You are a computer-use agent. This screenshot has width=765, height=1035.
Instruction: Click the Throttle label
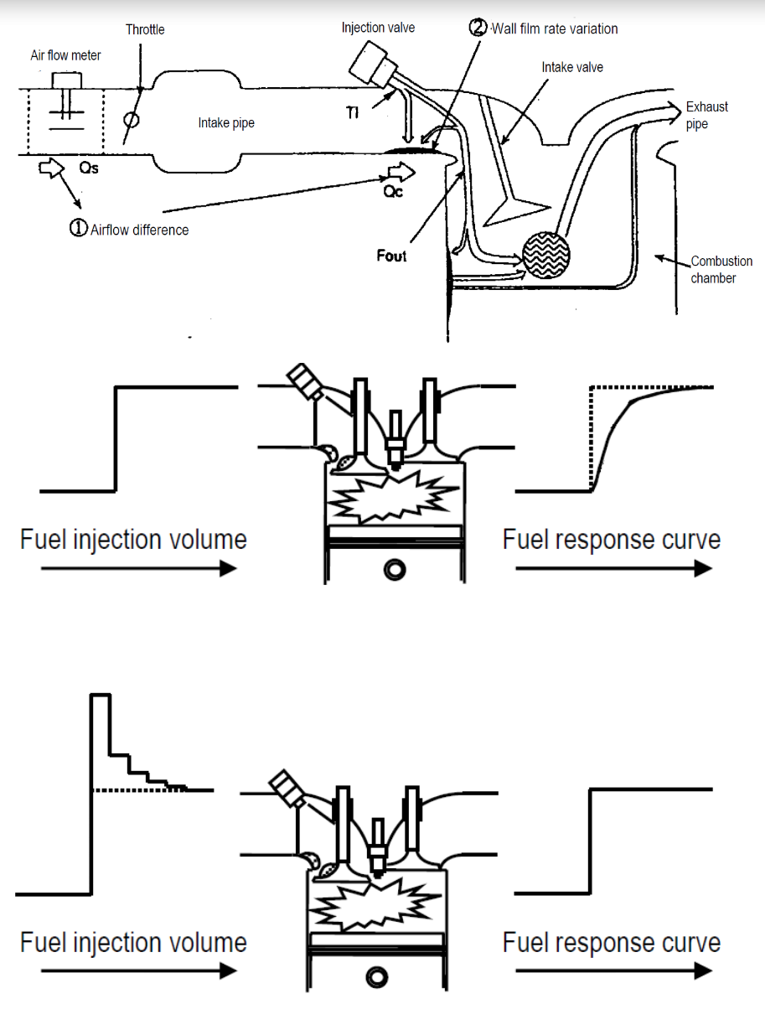(x=145, y=29)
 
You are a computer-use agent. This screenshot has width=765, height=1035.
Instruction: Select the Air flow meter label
(x=65, y=55)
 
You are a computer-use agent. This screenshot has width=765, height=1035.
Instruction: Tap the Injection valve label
(x=378, y=28)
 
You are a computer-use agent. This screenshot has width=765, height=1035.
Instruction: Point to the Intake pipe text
(x=226, y=123)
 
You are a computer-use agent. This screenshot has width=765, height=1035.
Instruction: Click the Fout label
(x=391, y=256)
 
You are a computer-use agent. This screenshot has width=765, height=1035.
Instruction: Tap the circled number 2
(x=477, y=28)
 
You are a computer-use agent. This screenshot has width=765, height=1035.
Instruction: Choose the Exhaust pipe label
(x=706, y=115)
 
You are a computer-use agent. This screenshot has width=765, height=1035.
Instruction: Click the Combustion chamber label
(x=721, y=269)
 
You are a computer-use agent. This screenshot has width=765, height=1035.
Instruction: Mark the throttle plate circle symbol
(x=130, y=119)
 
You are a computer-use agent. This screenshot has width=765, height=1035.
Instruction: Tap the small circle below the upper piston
(x=392, y=570)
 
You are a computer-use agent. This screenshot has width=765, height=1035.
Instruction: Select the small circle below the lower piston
(x=375, y=976)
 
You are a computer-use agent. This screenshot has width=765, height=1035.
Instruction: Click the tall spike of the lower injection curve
(x=101, y=721)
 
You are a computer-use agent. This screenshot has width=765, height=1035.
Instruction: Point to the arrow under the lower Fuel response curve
(x=613, y=970)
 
